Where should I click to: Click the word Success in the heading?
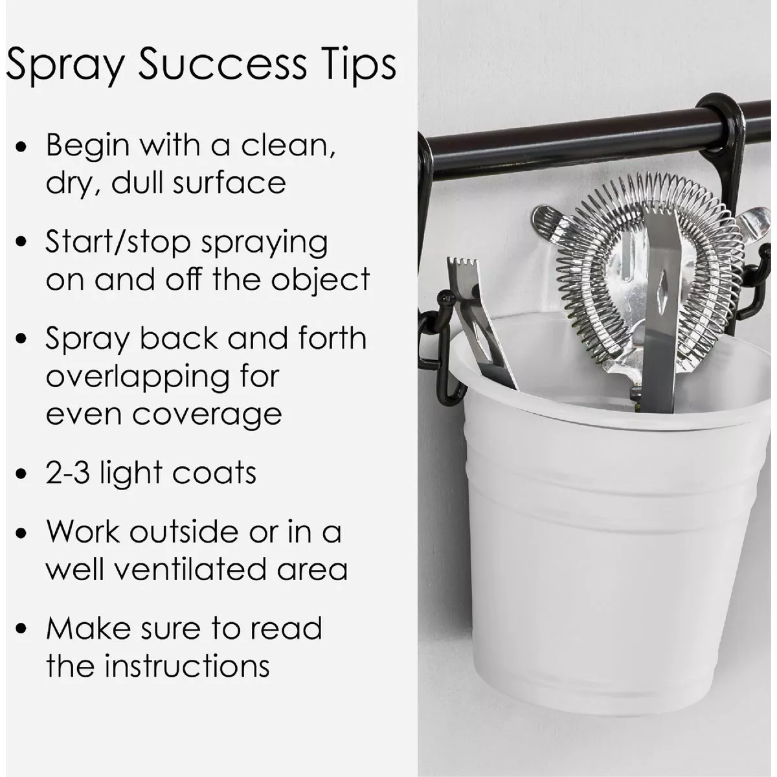pyautogui.click(x=222, y=65)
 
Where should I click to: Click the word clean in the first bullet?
pyautogui.click(x=287, y=146)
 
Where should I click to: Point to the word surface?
pyautogui.click(x=229, y=183)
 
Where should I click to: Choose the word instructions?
pyautogui.click(x=187, y=666)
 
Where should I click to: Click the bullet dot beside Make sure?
pyautogui.click(x=21, y=628)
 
